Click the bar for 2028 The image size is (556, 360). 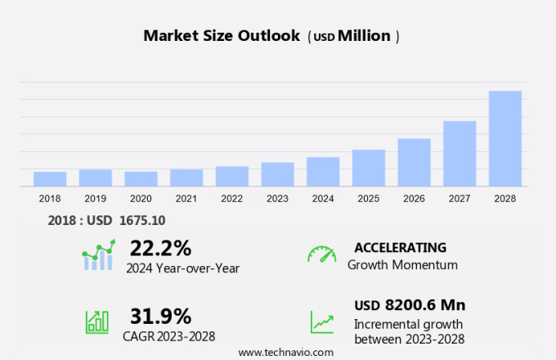tap(505, 138)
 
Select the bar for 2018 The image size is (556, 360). tap(50, 178)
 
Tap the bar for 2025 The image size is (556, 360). tap(369, 168)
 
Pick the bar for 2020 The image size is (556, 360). tap(141, 178)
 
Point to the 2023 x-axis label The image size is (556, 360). tap(277, 199)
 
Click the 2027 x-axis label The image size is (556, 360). tap(460, 199)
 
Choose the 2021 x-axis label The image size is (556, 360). tap(186, 199)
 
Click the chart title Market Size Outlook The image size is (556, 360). tap(221, 36)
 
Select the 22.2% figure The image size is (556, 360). tap(160, 247)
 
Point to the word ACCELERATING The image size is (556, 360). tap(400, 247)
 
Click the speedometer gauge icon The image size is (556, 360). tap(321, 254)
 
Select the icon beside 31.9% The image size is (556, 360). tap(97, 322)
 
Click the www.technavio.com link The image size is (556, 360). tap(285, 352)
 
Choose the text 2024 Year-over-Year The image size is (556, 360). tap(182, 267)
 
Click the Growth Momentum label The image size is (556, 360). tap(402, 265)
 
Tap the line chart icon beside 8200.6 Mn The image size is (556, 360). tap(321, 322)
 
